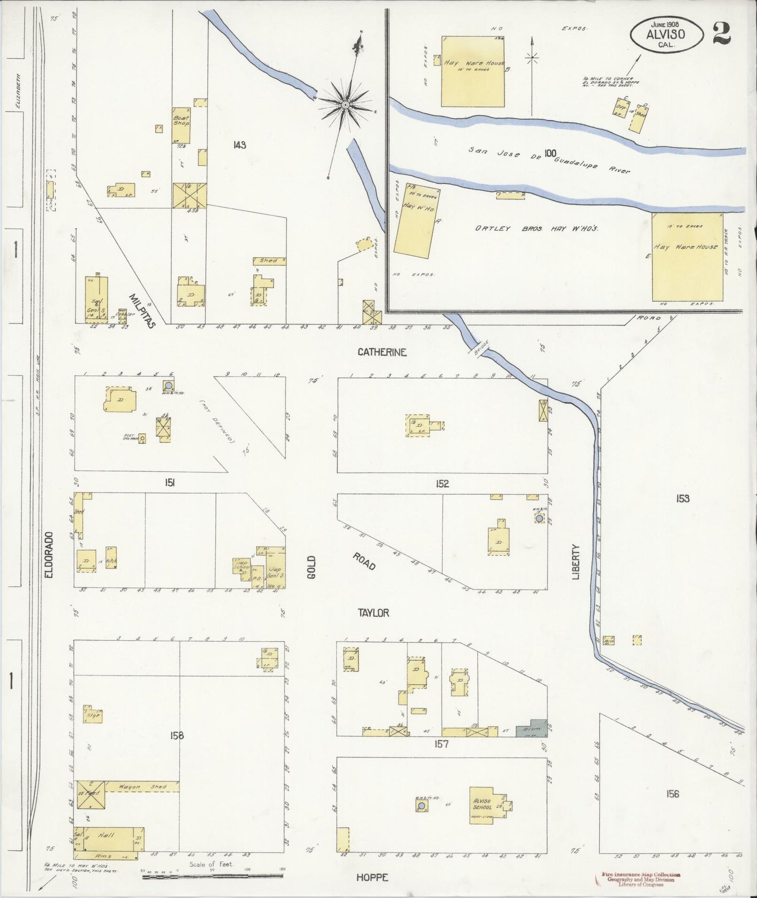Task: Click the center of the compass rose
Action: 345,105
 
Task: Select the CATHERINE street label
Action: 382,352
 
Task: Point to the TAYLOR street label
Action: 374,612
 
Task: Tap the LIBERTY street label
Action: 576,562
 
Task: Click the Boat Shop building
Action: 181,125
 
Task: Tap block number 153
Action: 682,498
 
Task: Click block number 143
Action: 239,145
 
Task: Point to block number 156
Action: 673,794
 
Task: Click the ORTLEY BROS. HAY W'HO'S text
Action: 536,228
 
